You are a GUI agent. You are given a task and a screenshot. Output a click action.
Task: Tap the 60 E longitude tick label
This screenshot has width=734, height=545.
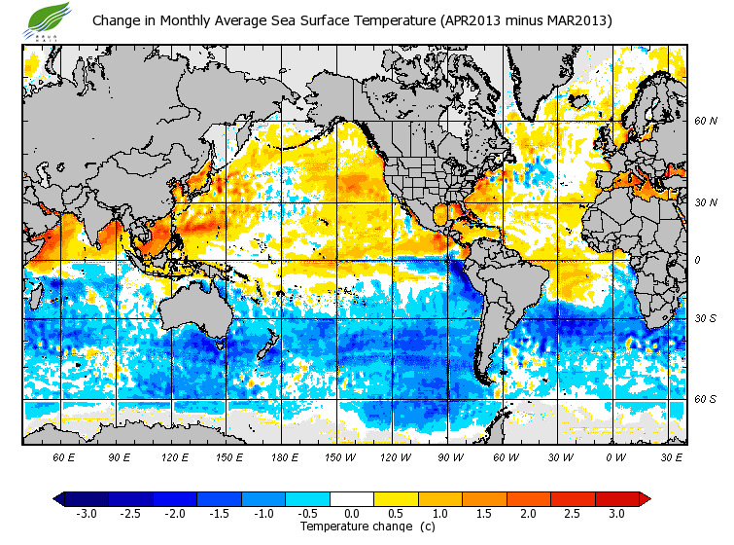pos(63,455)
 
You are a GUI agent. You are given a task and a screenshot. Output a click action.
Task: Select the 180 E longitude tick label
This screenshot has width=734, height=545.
pos(284,455)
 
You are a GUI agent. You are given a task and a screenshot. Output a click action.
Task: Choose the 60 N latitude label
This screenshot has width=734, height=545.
pos(705,122)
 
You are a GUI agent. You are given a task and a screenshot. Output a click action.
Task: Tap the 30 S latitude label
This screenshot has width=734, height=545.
pos(705,319)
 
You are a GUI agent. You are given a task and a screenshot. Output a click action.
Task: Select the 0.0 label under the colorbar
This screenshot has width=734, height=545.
pos(352,513)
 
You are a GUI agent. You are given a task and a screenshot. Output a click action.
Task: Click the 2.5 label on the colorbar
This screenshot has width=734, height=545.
pos(573,513)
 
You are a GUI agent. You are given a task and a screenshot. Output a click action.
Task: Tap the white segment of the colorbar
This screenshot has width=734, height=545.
pos(352,499)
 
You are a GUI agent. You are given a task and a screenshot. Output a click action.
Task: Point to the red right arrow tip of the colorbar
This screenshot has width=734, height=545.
pos(645,499)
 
